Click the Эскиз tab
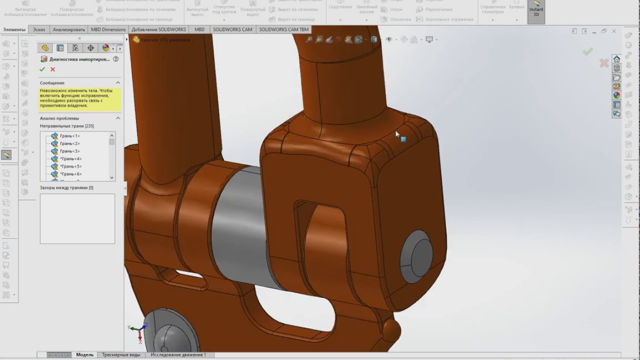(x=38, y=29)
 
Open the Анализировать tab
(x=68, y=29)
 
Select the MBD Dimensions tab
(x=108, y=29)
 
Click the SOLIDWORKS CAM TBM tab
(x=283, y=29)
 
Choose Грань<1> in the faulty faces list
(x=69, y=136)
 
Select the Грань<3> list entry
(x=69, y=151)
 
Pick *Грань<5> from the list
(x=70, y=166)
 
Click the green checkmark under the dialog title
(x=42, y=69)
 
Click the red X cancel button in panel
(x=52, y=69)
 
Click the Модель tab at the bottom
(x=84, y=354)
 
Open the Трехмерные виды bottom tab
(x=121, y=354)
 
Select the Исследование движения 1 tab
(x=178, y=354)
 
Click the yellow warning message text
(x=79, y=98)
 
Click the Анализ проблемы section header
(x=59, y=118)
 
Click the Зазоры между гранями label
(x=66, y=187)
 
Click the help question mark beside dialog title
(x=115, y=59)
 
